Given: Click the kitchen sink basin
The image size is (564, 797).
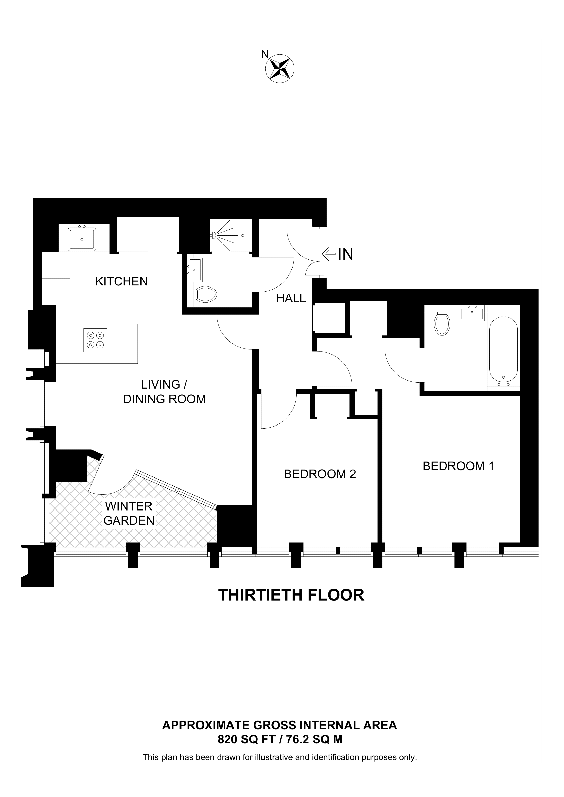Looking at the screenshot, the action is (x=82, y=239).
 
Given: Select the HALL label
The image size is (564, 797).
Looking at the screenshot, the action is (x=291, y=298).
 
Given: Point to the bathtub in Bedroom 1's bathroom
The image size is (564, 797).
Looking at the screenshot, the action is (x=503, y=352).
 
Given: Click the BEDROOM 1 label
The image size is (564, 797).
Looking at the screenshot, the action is (x=458, y=466).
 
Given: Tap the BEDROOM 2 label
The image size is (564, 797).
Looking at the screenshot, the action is (x=320, y=474).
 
